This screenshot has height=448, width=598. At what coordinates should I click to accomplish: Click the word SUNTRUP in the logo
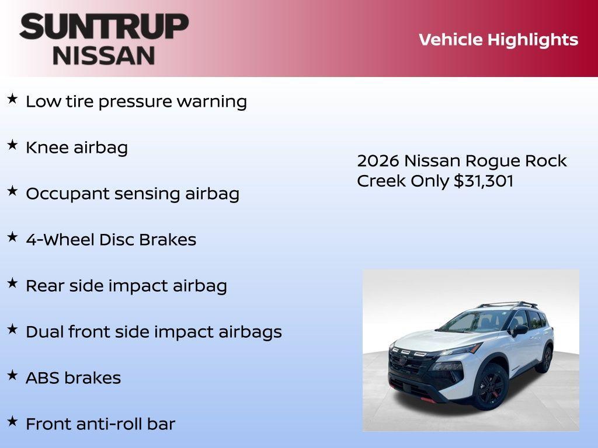(x=104, y=26)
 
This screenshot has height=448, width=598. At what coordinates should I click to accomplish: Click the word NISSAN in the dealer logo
(x=104, y=55)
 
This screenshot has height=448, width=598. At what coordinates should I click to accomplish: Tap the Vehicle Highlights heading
(x=498, y=40)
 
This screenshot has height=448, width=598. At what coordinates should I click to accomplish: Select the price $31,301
(x=484, y=181)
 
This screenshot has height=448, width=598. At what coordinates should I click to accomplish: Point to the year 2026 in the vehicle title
(x=378, y=161)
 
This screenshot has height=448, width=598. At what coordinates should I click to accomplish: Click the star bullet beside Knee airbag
(x=12, y=145)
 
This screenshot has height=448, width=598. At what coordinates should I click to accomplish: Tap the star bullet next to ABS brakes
(x=12, y=376)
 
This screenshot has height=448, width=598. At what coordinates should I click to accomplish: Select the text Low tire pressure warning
(x=136, y=101)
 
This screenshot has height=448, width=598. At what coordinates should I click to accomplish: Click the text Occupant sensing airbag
(x=133, y=194)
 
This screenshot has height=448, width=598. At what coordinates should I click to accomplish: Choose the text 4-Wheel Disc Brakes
(x=111, y=240)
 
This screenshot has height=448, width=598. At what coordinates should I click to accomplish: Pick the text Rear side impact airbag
(x=126, y=286)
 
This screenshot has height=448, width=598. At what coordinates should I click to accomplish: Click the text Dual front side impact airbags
(x=154, y=332)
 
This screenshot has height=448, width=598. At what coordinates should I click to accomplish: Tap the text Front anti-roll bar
(x=100, y=424)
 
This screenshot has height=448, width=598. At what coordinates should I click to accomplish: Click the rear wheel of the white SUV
(x=545, y=358)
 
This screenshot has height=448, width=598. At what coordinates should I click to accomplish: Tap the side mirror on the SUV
(x=519, y=330)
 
